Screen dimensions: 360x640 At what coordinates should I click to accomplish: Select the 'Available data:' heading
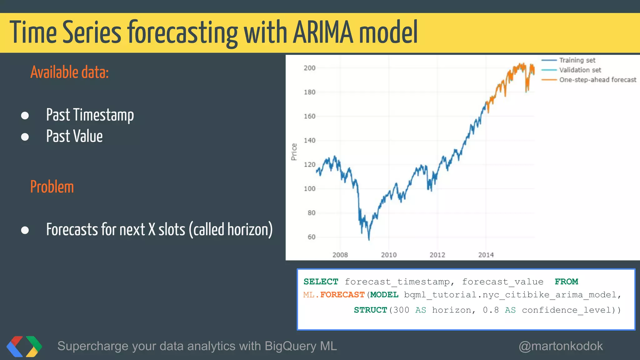pos(69,72)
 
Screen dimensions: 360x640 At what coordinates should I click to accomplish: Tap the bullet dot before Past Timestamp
pos(25,116)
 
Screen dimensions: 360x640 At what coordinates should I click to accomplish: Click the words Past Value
pos(74,136)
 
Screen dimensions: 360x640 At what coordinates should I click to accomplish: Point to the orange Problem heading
pos(52,187)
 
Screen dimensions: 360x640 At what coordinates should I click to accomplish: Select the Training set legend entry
pos(577,60)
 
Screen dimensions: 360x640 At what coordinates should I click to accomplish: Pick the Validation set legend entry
pos(580,70)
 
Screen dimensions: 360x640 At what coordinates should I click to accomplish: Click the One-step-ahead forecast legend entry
pos(597,80)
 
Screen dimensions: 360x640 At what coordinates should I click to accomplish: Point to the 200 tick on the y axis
pos(309,68)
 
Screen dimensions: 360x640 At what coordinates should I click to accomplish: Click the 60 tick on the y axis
pos(311,237)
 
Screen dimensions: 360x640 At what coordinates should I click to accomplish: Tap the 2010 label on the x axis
pos(388,255)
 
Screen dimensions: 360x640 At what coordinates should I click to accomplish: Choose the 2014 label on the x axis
pos(486,255)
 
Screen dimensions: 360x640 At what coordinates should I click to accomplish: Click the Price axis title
pos(294,152)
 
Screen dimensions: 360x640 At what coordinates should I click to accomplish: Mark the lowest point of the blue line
pos(369,239)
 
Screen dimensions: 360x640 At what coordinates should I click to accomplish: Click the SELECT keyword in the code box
pos(321,282)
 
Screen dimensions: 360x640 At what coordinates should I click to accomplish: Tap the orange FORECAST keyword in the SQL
pos(342,295)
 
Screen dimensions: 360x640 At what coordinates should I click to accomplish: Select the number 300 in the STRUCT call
pos(401,310)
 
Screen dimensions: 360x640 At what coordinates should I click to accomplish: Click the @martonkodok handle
pos(561,346)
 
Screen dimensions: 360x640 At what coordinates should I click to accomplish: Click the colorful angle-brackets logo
pos(24,346)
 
